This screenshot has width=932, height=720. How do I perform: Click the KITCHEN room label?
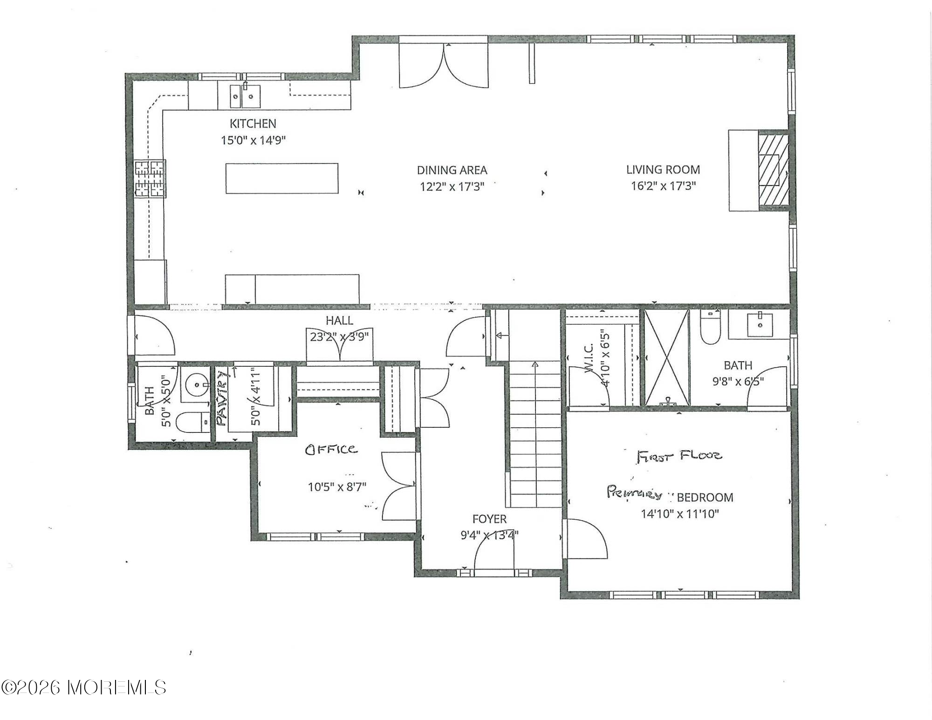253,123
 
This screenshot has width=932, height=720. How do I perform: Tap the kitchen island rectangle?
282,178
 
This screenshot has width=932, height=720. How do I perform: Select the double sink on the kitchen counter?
245,96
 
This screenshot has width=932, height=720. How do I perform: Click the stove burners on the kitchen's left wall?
150,178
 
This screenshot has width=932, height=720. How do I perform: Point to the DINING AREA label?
452,170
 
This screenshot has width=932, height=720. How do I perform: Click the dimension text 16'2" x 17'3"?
663,186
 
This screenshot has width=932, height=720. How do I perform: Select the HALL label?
339,321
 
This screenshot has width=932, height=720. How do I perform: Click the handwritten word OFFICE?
331,449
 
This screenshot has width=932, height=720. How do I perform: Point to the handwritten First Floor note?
679,455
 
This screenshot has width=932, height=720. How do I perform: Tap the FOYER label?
489,519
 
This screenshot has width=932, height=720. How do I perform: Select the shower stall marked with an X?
667,358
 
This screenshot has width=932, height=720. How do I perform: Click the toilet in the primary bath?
710,328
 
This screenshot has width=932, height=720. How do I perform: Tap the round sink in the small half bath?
196,385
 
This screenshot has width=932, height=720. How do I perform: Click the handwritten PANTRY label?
222,398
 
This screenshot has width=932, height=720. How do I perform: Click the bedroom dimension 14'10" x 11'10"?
679,514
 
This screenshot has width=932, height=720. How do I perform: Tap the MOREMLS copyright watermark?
84,687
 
